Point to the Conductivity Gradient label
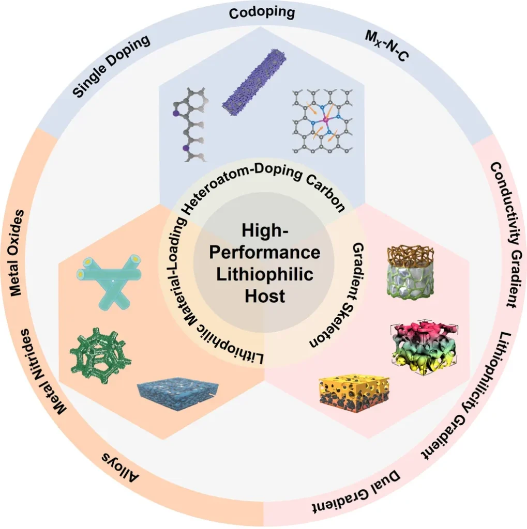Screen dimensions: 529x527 point(504,235)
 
